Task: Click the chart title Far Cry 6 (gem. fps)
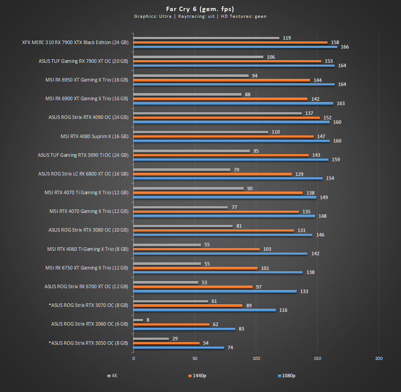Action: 200,8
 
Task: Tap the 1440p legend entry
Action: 197,376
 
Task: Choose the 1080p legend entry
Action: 286,376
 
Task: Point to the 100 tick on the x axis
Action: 256,358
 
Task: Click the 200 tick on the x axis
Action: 379,358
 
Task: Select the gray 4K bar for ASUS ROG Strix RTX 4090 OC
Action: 217,113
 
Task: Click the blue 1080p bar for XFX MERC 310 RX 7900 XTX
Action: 235,47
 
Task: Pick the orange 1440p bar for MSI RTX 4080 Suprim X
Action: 224,136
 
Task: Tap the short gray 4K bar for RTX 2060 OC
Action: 139,320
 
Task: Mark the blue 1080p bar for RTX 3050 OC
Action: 179,347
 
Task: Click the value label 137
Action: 309,113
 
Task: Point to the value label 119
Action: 286,38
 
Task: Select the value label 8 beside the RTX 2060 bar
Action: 147,320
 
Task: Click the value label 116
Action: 283,310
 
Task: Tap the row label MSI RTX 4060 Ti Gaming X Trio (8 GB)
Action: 88,249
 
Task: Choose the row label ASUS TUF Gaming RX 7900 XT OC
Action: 83,61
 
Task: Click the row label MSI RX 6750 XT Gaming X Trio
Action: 86,268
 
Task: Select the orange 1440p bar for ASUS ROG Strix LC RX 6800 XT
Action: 213,174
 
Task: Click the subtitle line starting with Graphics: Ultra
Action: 200,16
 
